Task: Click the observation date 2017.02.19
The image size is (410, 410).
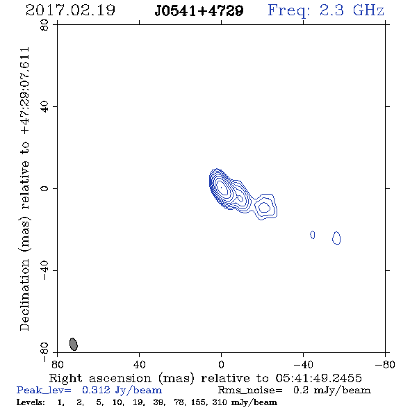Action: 70,10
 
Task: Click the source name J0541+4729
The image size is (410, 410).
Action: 199,11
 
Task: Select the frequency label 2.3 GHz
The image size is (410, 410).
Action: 352,10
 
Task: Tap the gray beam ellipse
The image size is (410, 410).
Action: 74,344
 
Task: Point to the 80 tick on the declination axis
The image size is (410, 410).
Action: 44,25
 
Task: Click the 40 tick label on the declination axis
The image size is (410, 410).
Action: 44,107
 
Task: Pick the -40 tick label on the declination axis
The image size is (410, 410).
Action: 44,270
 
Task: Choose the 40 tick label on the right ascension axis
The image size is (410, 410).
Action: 139,364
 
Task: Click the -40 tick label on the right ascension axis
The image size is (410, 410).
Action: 303,364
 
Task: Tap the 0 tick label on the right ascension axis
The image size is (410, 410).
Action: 221,364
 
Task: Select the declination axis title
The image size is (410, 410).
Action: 24,189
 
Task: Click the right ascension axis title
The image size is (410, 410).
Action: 205,378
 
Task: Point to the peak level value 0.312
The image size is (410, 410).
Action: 96,390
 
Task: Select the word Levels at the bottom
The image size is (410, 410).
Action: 31,402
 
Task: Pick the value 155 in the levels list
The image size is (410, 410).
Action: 198,402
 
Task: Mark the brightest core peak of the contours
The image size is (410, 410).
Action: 222,188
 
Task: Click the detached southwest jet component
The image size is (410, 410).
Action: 265,207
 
